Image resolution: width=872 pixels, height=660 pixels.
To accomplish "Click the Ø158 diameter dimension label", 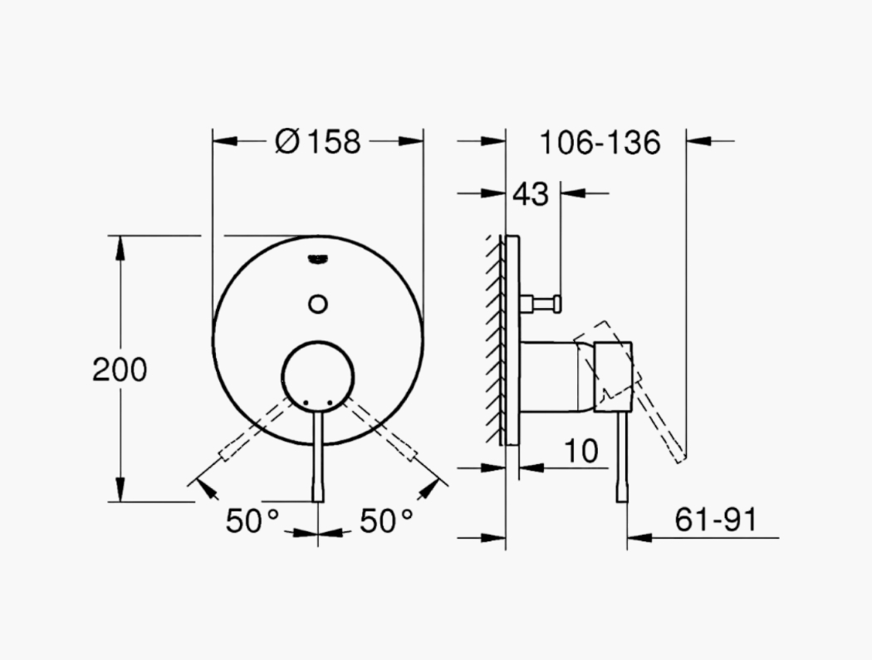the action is [x=318, y=142].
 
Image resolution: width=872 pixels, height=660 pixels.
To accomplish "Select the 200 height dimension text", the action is [x=120, y=369].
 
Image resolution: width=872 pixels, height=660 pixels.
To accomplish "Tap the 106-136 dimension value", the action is [x=600, y=142].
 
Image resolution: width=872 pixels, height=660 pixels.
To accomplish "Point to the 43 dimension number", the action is [x=531, y=194].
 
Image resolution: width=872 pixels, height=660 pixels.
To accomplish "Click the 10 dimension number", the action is [x=581, y=451].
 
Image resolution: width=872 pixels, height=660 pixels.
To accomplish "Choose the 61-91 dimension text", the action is [x=716, y=521].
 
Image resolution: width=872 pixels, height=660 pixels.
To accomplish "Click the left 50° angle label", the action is [x=252, y=521].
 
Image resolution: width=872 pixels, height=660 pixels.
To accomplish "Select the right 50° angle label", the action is [x=386, y=521].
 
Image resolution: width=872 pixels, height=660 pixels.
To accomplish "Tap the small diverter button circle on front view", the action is [x=317, y=304].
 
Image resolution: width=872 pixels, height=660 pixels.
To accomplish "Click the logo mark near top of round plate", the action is [x=318, y=259].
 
